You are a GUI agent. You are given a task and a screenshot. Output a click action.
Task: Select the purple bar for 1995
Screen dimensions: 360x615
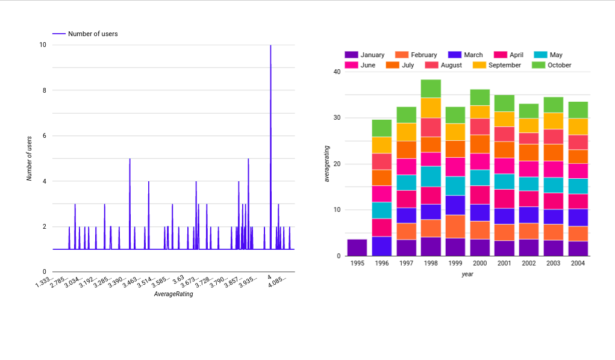point(357,247)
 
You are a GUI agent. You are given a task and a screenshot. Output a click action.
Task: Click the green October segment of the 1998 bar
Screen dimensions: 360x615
point(431,88)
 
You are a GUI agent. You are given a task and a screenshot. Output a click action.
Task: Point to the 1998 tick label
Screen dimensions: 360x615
point(431,263)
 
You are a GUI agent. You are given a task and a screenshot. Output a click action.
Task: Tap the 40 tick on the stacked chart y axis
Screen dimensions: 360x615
point(337,72)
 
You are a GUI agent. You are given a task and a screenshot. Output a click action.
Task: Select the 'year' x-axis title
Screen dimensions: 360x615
point(467,274)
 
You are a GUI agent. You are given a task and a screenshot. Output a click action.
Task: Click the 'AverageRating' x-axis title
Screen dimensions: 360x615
point(173,294)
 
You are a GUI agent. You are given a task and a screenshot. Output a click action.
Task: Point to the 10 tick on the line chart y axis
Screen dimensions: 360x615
point(43,45)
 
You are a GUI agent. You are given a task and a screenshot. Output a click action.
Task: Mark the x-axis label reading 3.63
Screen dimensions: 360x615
point(178,279)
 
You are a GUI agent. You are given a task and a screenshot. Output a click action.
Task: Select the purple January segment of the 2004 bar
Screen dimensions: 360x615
point(578,249)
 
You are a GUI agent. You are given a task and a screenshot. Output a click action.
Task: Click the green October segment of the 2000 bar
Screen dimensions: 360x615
point(480,98)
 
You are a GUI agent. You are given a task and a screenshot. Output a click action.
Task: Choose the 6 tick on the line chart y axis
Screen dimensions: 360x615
point(43,136)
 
